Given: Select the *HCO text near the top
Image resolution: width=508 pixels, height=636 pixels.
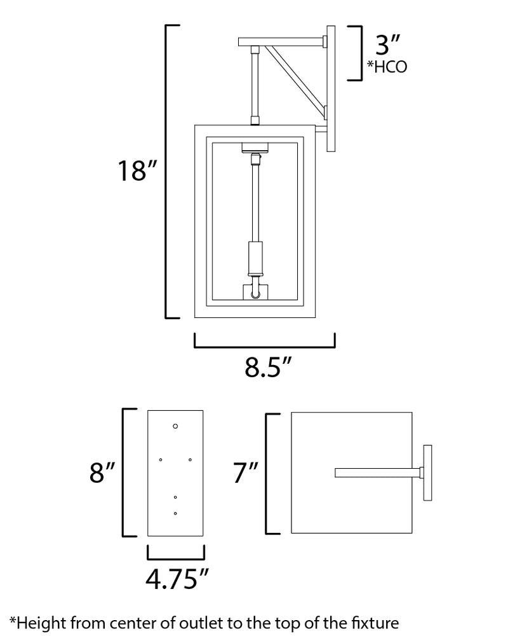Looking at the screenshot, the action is [387, 67].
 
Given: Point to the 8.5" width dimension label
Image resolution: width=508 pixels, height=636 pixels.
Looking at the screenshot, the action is [268, 367].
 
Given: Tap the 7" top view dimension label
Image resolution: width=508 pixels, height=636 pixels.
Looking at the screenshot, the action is [246, 473].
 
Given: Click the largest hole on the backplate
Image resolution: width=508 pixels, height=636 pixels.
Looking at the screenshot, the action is [175, 426].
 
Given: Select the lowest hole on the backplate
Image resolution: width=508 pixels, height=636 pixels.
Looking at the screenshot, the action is [175, 513].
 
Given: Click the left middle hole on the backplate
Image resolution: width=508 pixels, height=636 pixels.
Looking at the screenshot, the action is [161, 460].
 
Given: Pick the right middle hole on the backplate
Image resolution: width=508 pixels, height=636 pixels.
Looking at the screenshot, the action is [190, 460].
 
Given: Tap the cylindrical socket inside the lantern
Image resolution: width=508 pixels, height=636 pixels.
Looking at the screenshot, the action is [255, 258].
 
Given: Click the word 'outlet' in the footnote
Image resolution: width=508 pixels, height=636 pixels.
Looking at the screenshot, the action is [201, 623].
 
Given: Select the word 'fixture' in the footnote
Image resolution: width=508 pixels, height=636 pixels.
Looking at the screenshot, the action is [375, 623].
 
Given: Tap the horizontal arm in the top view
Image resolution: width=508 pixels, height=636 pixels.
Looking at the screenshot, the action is [378, 473].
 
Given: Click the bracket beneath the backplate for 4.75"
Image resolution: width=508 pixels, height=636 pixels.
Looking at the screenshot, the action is [176, 553].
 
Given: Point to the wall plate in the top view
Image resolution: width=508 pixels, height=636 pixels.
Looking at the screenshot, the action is [427, 473].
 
